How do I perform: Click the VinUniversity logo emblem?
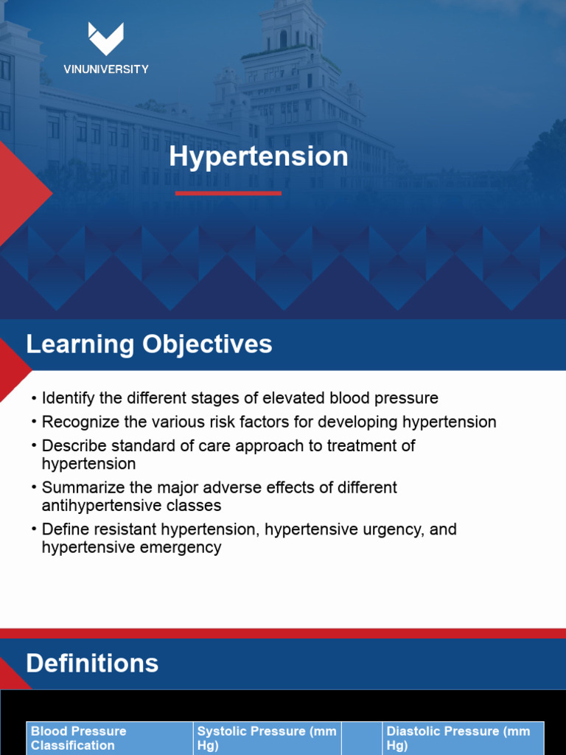105,39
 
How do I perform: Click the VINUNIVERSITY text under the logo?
105,69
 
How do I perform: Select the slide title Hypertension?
258,156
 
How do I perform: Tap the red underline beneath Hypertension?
228,193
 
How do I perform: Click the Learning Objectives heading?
149,344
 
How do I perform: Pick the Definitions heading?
92,664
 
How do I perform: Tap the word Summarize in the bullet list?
80,487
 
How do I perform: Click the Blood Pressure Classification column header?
79,738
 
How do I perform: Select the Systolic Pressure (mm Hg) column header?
266,738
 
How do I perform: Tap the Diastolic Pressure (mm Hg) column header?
458,738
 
